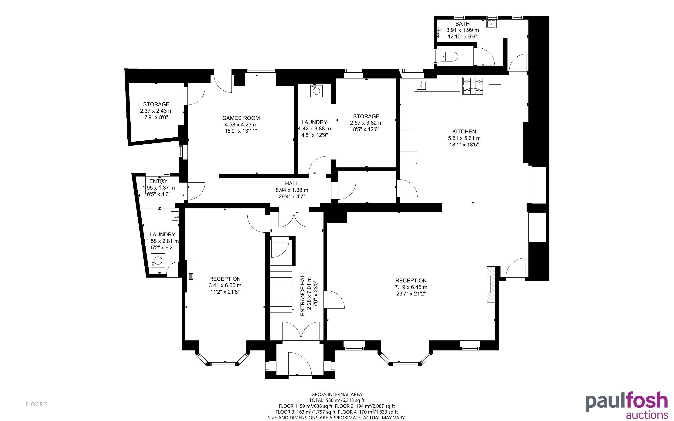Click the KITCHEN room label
click(x=464, y=131)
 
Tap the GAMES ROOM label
click(x=241, y=118)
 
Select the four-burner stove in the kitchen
click(x=473, y=86)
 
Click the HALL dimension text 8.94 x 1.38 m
click(x=292, y=190)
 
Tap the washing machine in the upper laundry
click(x=317, y=91)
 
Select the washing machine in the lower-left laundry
click(x=158, y=261)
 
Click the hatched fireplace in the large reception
click(x=490, y=284)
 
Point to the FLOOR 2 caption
click(x=37, y=404)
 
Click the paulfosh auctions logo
click(x=626, y=405)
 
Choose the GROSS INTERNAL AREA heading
click(x=337, y=394)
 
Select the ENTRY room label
click(x=158, y=181)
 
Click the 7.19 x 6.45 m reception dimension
click(x=411, y=287)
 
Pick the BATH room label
click(x=463, y=24)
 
